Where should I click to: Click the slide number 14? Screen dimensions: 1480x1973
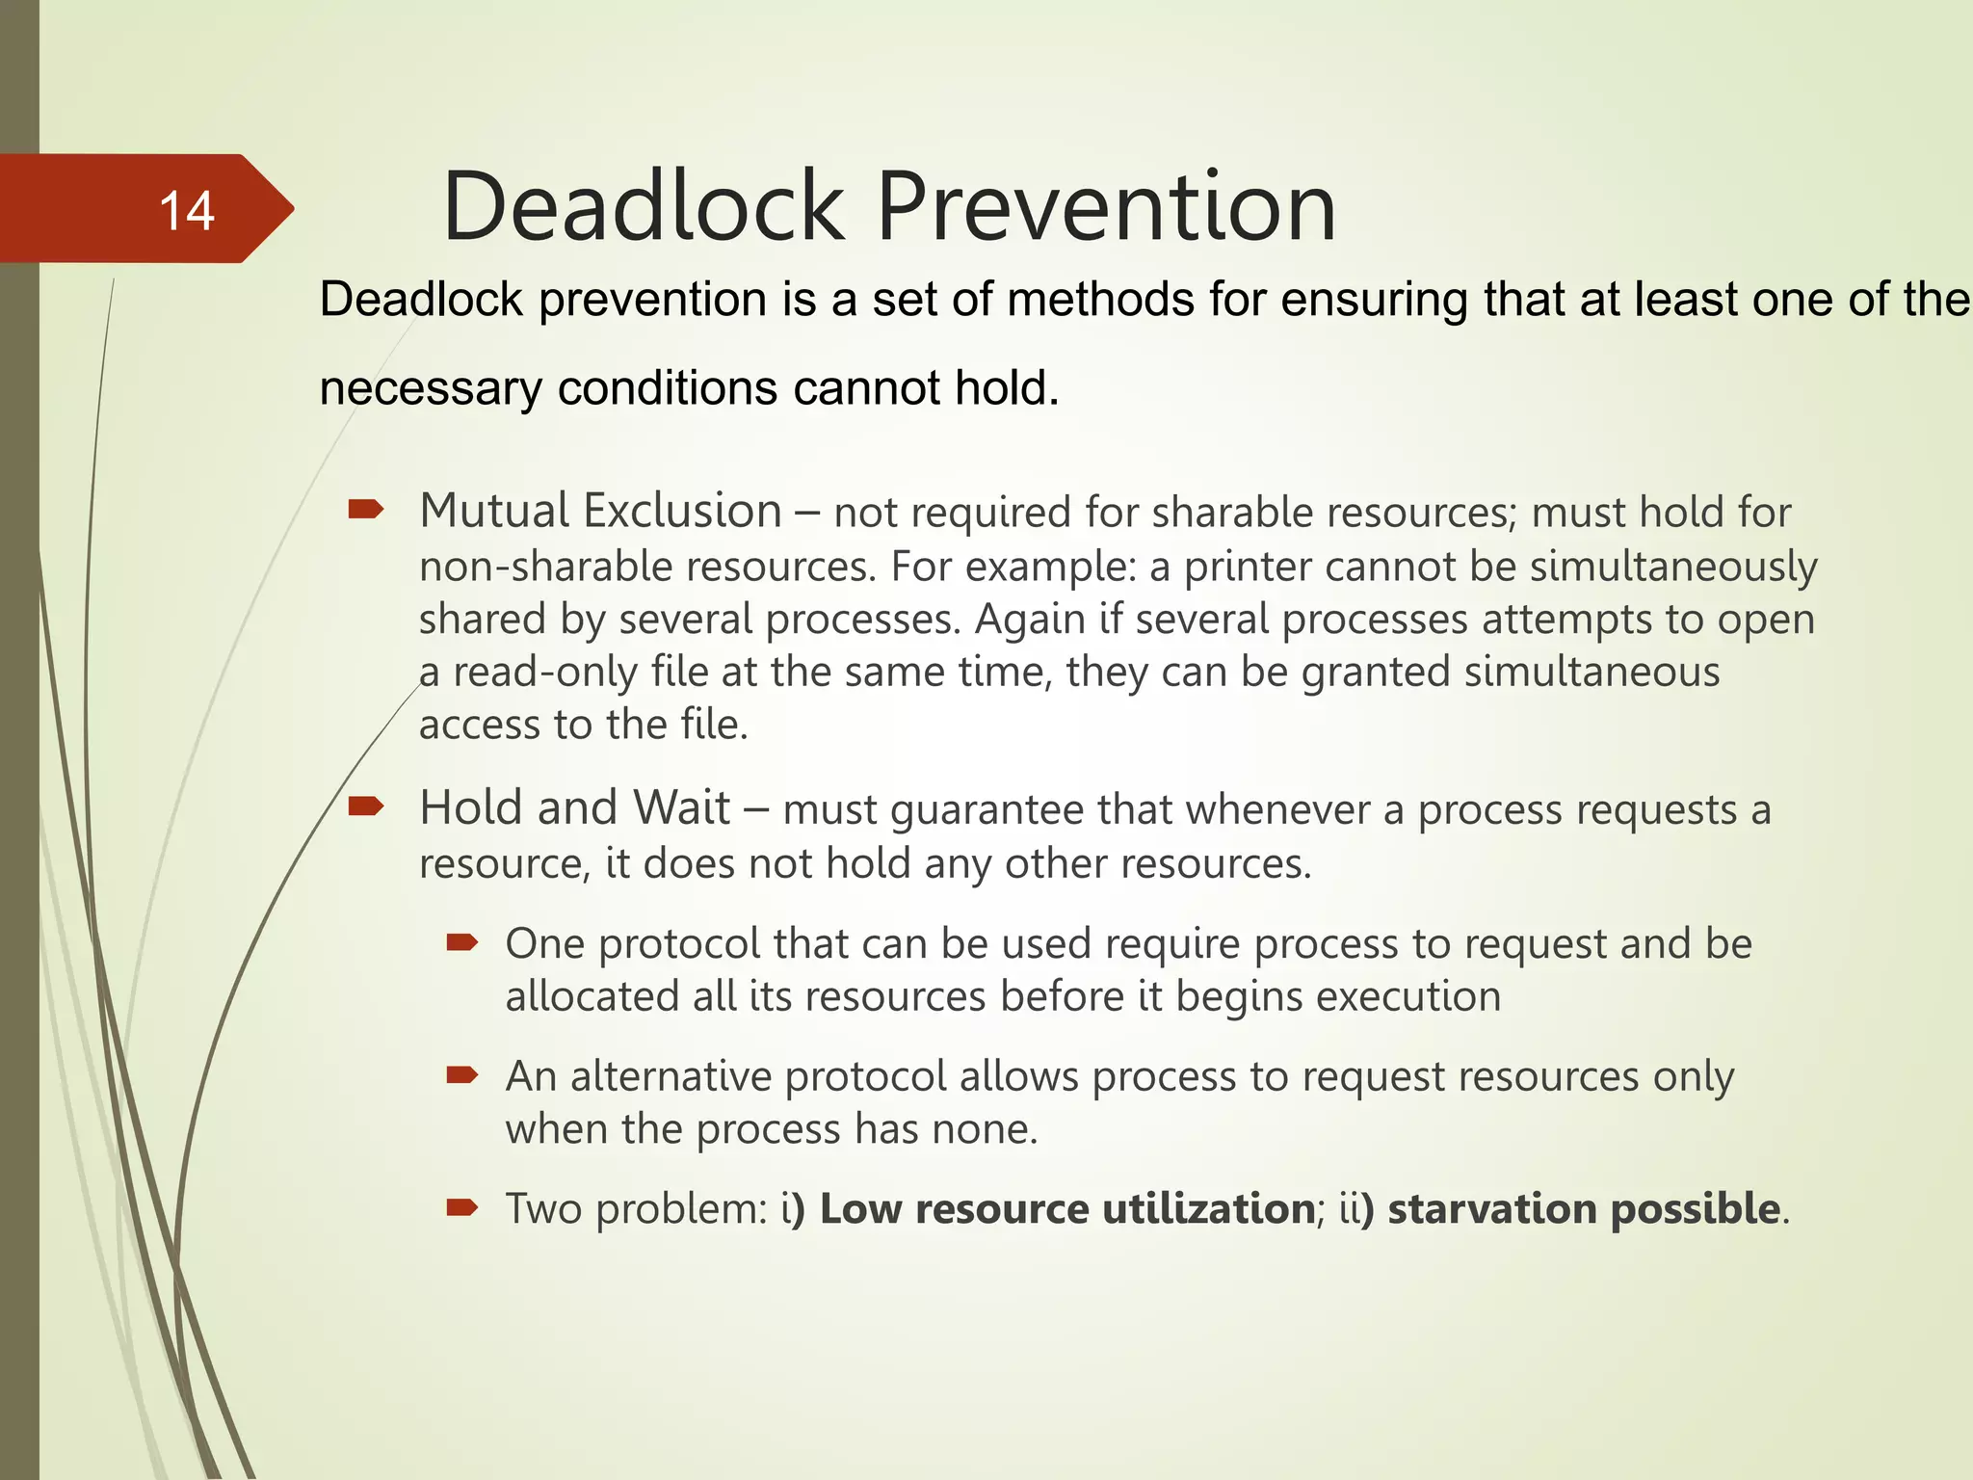point(186,211)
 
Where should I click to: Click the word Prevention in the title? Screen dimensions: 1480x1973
point(1105,207)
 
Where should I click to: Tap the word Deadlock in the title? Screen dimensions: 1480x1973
point(643,207)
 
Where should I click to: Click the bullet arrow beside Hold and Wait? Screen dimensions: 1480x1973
point(366,806)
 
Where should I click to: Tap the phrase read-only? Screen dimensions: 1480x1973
point(545,672)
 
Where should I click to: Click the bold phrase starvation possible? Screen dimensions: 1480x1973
point(1583,1208)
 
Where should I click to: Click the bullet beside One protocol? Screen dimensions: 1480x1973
point(462,941)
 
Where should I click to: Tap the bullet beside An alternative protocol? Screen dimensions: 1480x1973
point(462,1074)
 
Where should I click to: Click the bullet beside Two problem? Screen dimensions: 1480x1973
point(462,1206)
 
